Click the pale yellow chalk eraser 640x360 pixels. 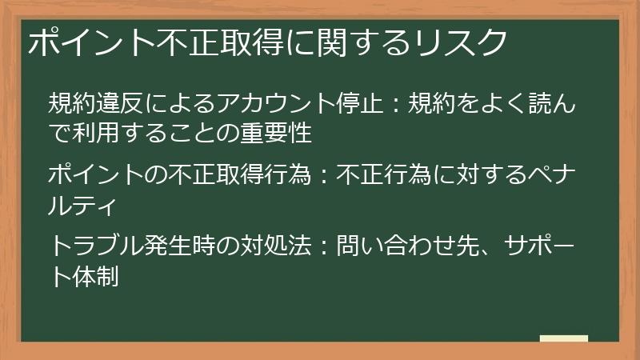pyautogui.click(x=564, y=338)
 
